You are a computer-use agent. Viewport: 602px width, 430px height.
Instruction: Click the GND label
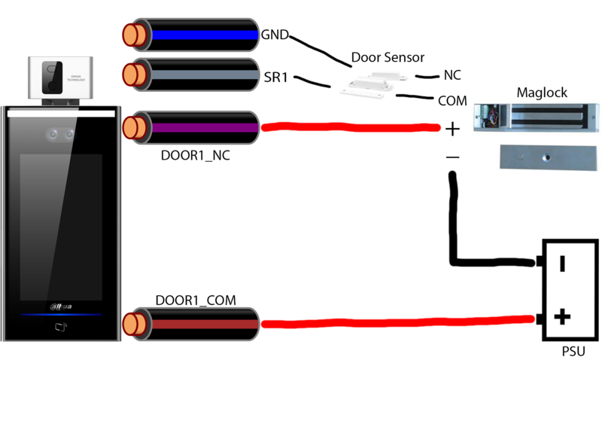tap(275, 35)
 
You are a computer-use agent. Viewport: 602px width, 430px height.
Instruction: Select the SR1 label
tap(274, 78)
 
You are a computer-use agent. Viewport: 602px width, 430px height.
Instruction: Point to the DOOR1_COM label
tap(196, 300)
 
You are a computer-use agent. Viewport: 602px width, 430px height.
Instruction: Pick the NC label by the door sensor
tap(453, 76)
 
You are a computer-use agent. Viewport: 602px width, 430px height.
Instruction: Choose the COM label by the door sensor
tap(452, 100)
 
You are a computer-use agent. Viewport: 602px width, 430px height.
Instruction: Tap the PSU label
tap(573, 351)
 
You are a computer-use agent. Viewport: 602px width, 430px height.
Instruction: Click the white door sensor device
tap(369, 85)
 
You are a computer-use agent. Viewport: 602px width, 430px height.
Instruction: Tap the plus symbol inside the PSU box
tap(562, 317)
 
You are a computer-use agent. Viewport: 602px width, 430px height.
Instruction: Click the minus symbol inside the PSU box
tap(562, 264)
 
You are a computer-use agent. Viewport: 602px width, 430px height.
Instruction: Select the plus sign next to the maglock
tap(452, 130)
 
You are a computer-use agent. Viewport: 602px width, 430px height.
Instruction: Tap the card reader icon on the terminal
tap(61, 328)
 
